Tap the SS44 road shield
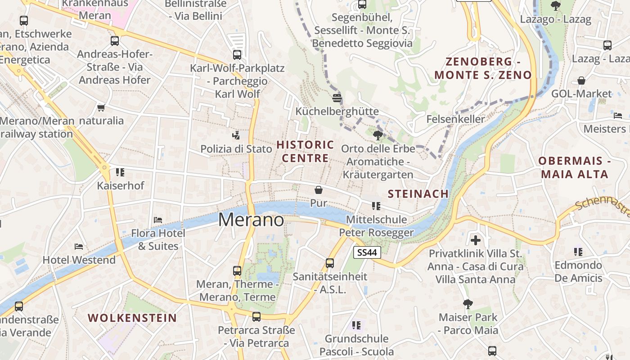point(367,252)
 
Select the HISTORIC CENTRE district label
point(305,151)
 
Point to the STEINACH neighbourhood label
point(418,194)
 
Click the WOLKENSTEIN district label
point(132,318)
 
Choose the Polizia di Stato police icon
point(236,135)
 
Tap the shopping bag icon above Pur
point(319,190)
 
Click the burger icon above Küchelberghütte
point(337,97)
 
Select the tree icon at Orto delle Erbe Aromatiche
point(378,135)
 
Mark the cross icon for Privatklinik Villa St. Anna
point(476,240)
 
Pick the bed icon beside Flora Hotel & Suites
point(158,220)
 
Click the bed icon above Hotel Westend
point(79,246)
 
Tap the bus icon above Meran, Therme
point(237,271)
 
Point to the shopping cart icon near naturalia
point(101,108)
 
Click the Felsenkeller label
point(455,119)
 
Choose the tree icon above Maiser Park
point(468,304)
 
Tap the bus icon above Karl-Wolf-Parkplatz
point(237,55)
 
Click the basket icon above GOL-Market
point(581,81)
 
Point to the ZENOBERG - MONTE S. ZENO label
point(483,68)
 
